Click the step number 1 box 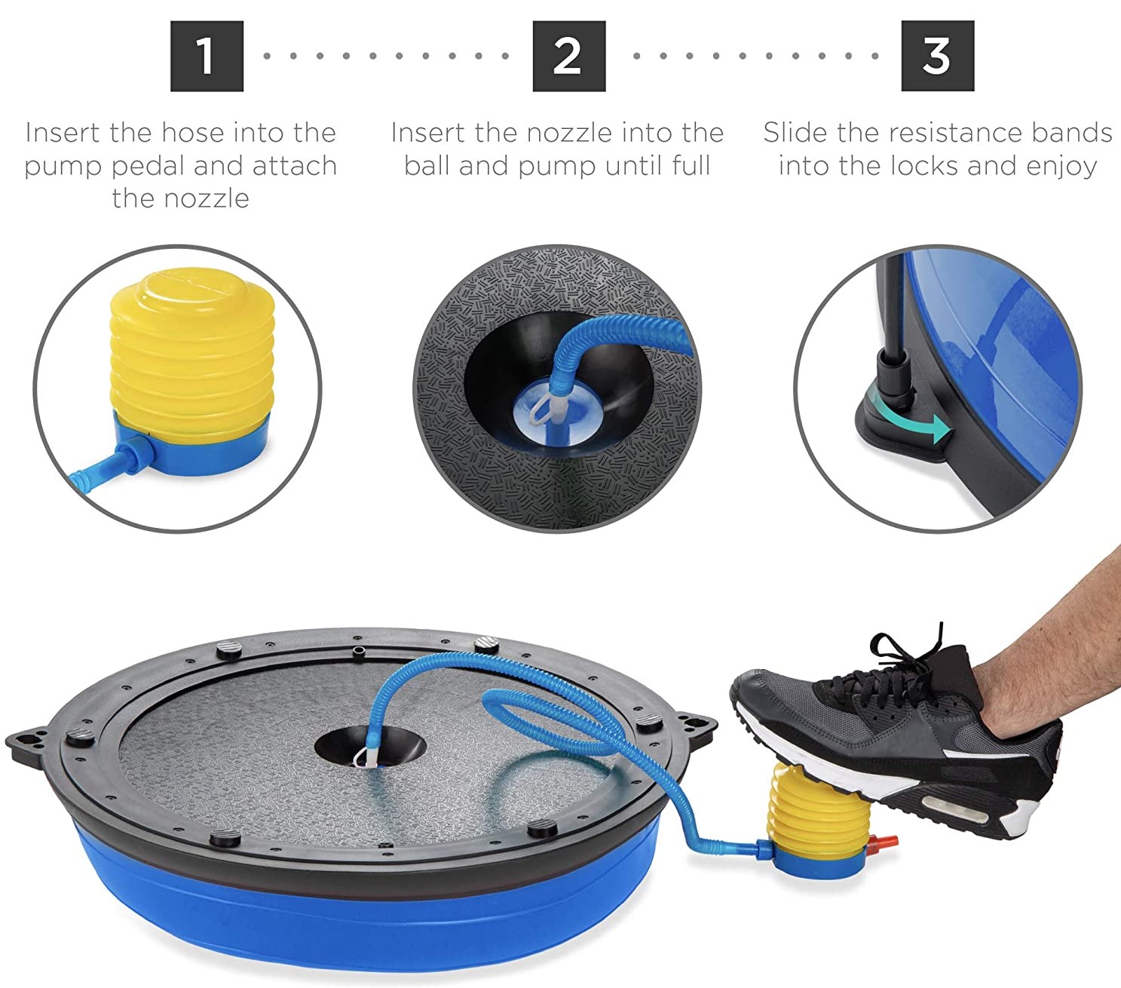pos(207,57)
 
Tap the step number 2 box pos(568,57)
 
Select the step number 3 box pos(937,57)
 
